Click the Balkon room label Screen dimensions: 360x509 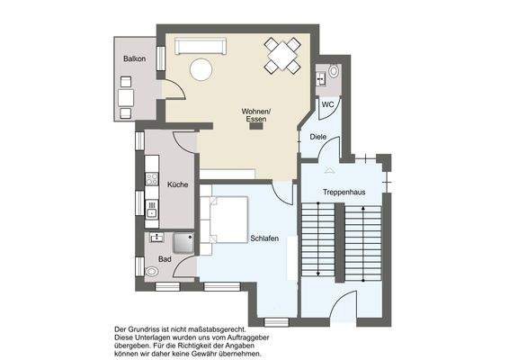point(136,58)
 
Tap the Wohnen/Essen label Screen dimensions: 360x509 point(255,115)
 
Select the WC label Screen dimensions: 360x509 point(328,104)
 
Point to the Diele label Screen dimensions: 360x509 point(317,137)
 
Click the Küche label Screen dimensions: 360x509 point(177,184)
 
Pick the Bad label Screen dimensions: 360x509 point(165,259)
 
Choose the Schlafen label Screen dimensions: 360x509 point(263,238)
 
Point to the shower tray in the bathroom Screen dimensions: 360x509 point(183,242)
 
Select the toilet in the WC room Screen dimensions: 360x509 point(334,70)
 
